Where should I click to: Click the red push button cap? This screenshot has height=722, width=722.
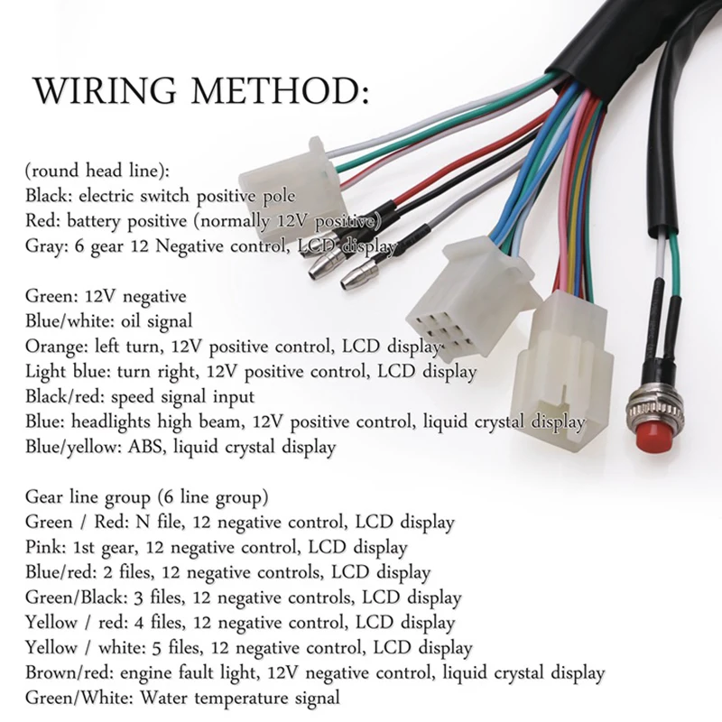click(x=649, y=436)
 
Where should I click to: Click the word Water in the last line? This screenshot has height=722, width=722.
click(x=163, y=697)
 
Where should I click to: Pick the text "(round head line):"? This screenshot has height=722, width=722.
click(x=97, y=171)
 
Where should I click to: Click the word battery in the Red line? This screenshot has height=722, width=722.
click(x=94, y=221)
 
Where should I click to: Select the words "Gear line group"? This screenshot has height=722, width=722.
click(x=88, y=497)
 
